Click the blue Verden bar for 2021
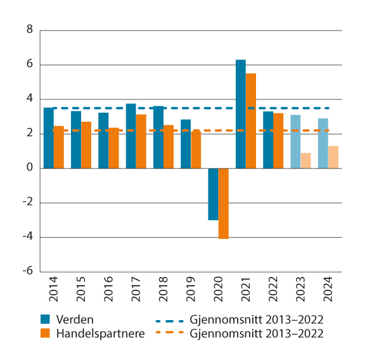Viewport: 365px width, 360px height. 240,114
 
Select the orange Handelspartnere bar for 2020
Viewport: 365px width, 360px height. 223,203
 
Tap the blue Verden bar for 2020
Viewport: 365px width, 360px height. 213,194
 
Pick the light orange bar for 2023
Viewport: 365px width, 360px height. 305,160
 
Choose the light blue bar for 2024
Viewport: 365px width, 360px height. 323,143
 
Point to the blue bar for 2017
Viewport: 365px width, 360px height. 131,136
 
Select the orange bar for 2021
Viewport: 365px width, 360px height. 251,120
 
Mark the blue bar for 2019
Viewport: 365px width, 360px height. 186,144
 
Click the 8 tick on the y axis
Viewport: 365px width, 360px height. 29,30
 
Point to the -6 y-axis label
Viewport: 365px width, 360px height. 27,272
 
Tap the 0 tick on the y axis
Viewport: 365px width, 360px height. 29,168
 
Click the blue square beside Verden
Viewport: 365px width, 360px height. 46,319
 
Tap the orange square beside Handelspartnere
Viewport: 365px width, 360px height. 46,333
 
